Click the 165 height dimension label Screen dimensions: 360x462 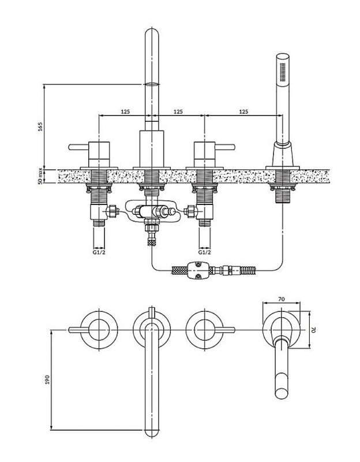click(x=41, y=126)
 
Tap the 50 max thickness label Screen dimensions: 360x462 click(x=40, y=177)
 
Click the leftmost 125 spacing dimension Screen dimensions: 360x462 click(x=125, y=111)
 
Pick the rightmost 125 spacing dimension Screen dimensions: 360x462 click(x=243, y=111)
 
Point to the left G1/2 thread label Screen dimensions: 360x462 click(x=99, y=252)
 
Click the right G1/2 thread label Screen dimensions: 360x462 click(x=205, y=252)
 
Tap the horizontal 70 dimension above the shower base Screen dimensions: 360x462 click(x=282, y=299)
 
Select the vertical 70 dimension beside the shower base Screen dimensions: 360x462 click(x=313, y=330)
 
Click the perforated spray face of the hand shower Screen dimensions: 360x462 click(x=283, y=71)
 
